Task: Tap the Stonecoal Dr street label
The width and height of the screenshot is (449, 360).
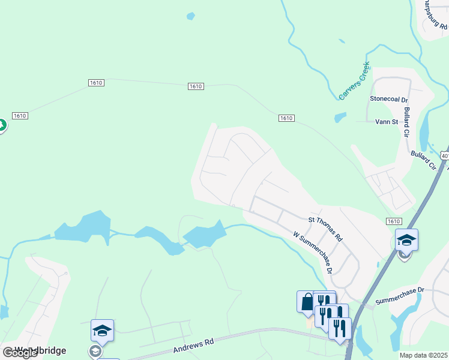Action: pyautogui.click(x=389, y=99)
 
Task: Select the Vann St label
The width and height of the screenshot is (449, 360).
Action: pyautogui.click(x=387, y=122)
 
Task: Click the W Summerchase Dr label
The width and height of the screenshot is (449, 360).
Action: pyautogui.click(x=312, y=252)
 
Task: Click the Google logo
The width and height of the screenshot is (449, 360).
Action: pyautogui.click(x=19, y=353)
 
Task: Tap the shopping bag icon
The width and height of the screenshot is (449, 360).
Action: pyautogui.click(x=307, y=301)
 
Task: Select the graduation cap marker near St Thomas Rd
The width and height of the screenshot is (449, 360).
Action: pyautogui.click(x=406, y=240)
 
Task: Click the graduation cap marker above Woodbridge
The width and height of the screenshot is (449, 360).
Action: pyautogui.click(x=102, y=329)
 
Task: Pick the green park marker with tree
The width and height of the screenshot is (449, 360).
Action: pyautogui.click(x=1, y=125)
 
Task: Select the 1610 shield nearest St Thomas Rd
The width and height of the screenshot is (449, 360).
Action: pyautogui.click(x=394, y=221)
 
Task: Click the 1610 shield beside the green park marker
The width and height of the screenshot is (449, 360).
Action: pyautogui.click(x=20, y=116)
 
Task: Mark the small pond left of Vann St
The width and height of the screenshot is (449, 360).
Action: pyautogui.click(x=340, y=117)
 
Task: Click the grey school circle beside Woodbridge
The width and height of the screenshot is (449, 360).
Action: pyautogui.click(x=95, y=351)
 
